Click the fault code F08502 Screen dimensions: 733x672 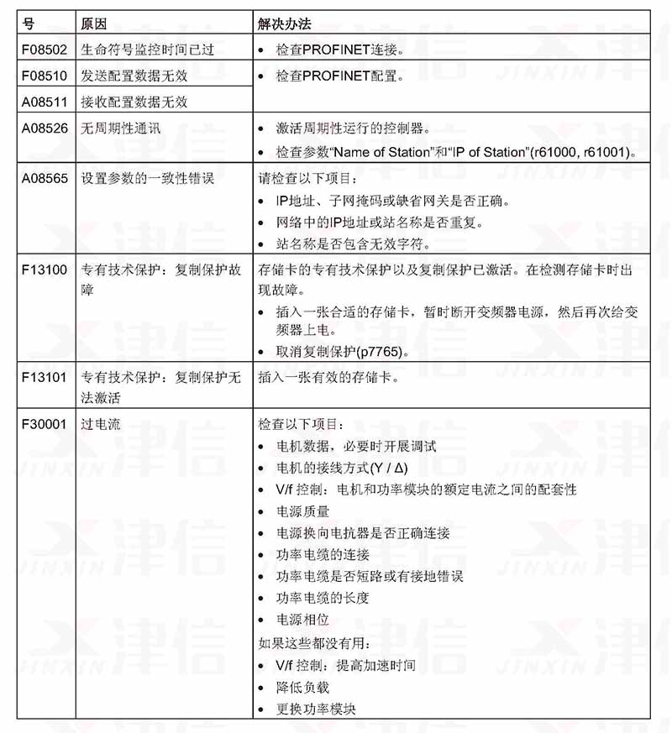pos(45,50)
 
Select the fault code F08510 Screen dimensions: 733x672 pos(45,76)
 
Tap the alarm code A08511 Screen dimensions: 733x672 pos(45,102)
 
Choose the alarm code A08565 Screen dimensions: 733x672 pos(45,179)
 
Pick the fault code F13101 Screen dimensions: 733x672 pos(45,377)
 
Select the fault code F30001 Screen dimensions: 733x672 pos(45,425)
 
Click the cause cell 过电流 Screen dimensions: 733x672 pos(100,425)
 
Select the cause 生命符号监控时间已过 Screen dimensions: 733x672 pos(147,50)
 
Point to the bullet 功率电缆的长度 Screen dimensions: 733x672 pos(323,599)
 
